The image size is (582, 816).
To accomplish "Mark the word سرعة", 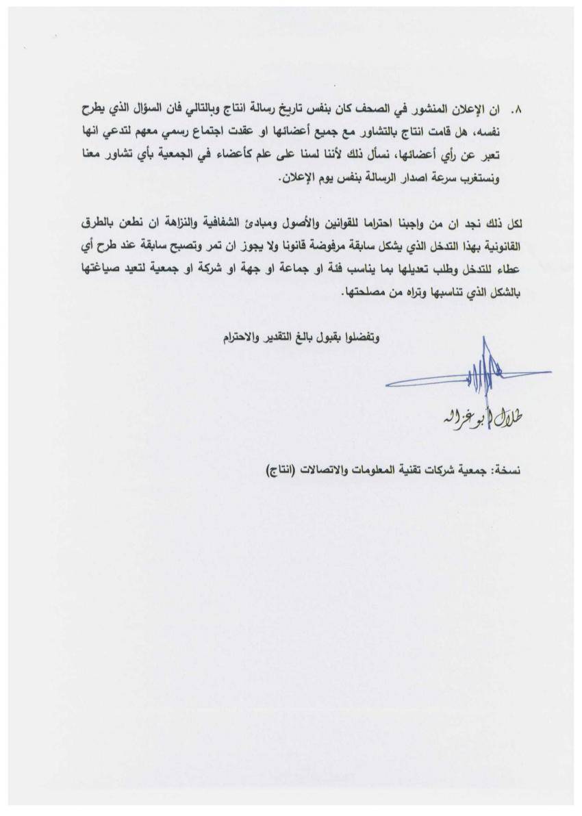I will [x=468, y=179].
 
